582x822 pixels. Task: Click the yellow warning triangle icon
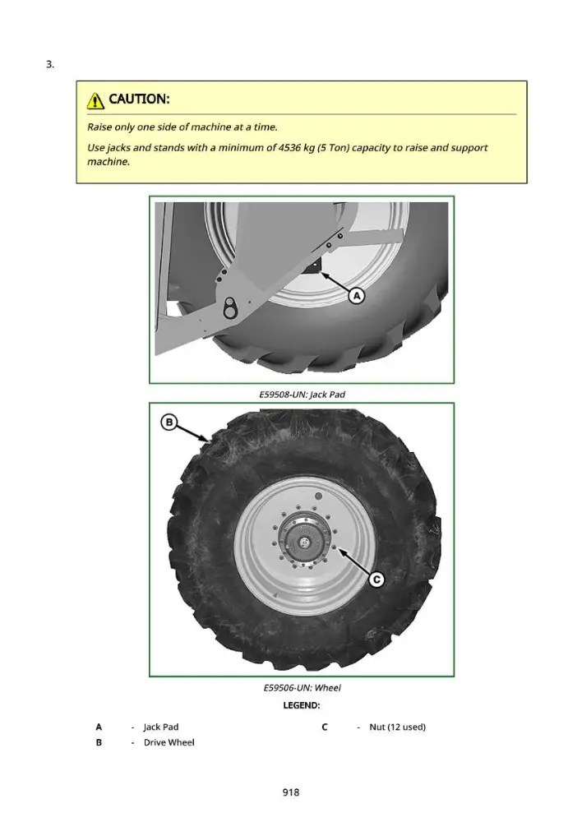pos(95,100)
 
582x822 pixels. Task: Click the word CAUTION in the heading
pos(138,99)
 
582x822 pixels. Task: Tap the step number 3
pos(50,64)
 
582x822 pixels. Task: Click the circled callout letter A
pos(357,296)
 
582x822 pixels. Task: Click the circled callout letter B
pos(169,423)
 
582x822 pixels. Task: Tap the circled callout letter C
pos(376,580)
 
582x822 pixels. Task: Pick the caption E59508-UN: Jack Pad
pos(302,395)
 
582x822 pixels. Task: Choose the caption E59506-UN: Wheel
pos(302,688)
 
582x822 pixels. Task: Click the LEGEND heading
pos(302,705)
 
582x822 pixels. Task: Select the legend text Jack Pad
pos(161,727)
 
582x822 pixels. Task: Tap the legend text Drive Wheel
pos(169,742)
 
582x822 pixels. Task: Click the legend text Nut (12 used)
pos(397,727)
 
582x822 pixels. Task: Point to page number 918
pos(291,792)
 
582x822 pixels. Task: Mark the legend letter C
pos(325,727)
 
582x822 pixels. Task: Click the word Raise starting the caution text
pos(99,127)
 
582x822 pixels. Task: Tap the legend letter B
pos(99,742)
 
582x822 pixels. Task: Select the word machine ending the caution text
pos(108,162)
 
